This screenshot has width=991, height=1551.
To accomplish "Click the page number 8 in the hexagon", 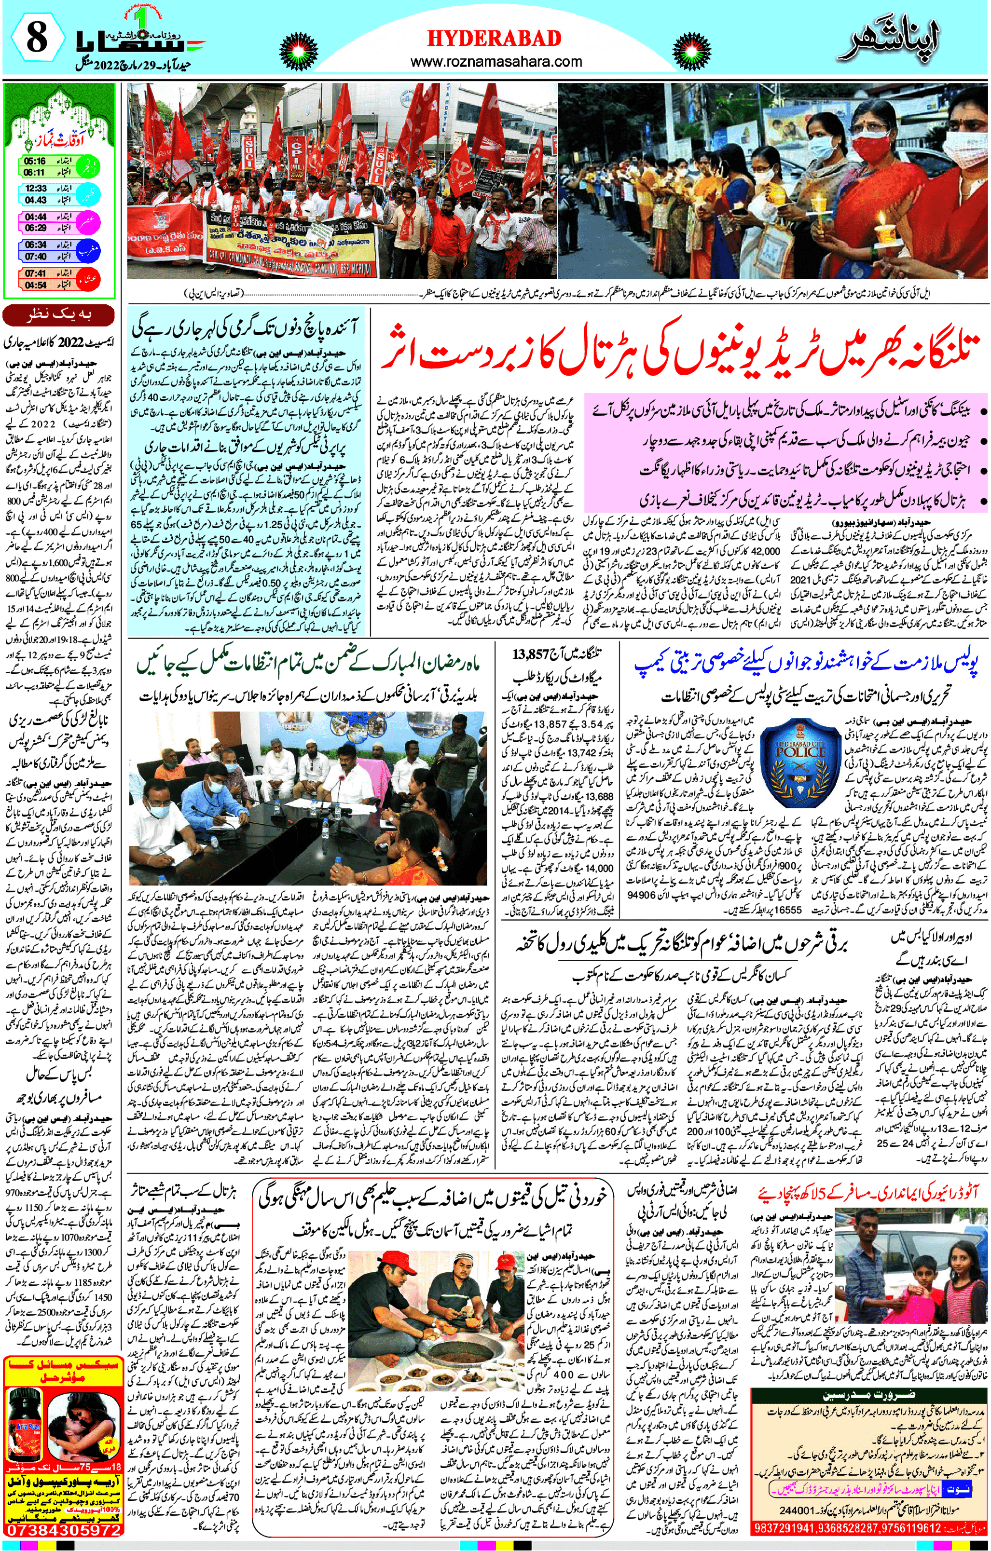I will tap(37, 38).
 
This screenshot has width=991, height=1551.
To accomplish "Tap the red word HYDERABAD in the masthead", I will tap(494, 39).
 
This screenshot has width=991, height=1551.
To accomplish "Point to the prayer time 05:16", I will tap(35, 161).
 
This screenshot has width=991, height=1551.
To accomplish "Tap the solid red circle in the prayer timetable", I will tap(88, 279).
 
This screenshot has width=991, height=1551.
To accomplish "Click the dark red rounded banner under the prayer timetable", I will tap(59, 315).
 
